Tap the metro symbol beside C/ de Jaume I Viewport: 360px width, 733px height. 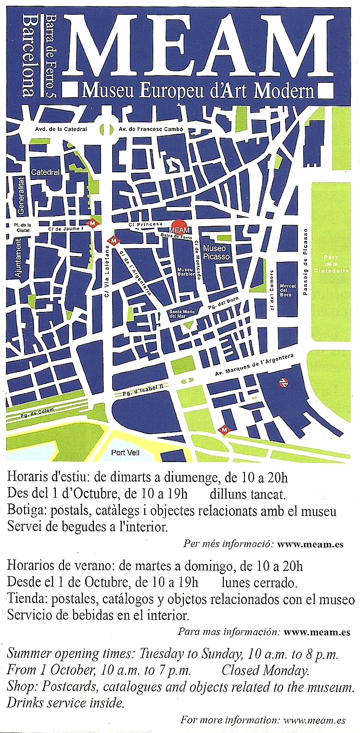tap(91, 223)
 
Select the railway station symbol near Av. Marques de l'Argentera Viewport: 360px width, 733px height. tap(283, 383)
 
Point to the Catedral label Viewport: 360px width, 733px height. tap(45, 172)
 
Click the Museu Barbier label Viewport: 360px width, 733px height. tap(186, 271)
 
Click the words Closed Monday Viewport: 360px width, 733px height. tap(265, 670)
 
